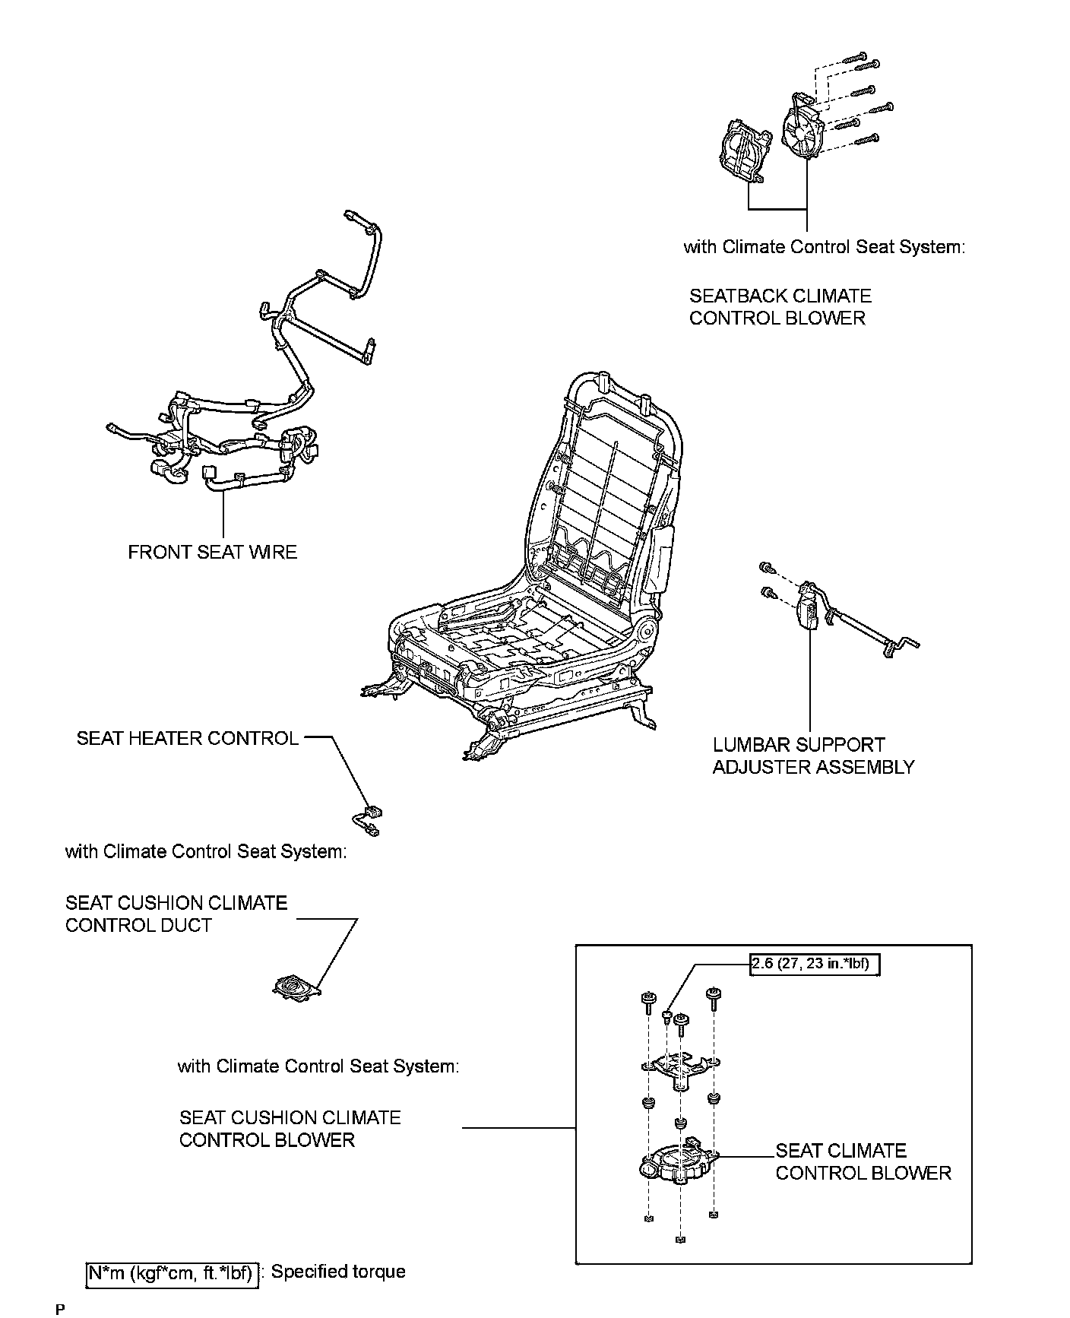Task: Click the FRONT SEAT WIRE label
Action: coord(212,553)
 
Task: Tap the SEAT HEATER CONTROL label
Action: coord(187,738)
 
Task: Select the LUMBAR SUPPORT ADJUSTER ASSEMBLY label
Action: coord(812,756)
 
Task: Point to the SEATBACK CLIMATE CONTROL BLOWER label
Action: coord(779,306)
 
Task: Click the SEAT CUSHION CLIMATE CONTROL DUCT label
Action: coord(176,914)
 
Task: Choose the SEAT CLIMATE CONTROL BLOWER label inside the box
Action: coord(863,1161)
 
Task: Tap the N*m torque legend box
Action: coord(172,1272)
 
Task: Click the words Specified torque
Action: coord(338,1272)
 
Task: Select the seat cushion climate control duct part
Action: coord(296,987)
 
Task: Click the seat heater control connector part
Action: coord(369,819)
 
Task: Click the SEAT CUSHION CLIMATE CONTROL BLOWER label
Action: coord(290,1129)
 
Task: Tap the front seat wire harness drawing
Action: coord(251,395)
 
